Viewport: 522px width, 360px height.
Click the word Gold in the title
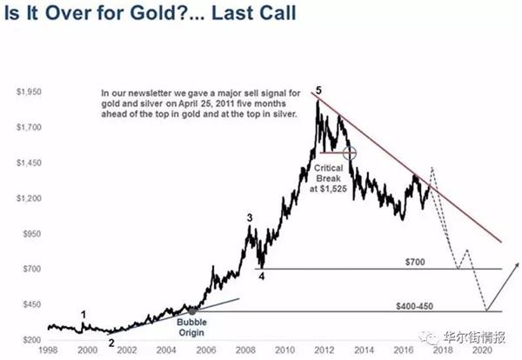click(156, 13)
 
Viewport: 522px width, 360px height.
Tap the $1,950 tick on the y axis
click(29, 91)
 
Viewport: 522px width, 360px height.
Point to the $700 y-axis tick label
click(32, 269)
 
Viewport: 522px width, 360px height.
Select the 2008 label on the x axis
click(245, 350)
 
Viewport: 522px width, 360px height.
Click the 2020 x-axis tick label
click(482, 350)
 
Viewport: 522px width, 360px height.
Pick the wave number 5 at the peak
click(319, 90)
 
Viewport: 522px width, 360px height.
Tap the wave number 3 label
click(250, 218)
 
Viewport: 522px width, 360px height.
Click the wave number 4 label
click(262, 277)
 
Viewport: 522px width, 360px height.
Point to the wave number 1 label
click(84, 315)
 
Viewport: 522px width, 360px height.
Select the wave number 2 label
click(111, 343)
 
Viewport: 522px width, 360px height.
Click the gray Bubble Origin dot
click(192, 311)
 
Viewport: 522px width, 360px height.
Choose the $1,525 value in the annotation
click(333, 189)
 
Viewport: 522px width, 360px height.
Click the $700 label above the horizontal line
click(415, 263)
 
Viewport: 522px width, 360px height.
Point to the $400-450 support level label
click(414, 306)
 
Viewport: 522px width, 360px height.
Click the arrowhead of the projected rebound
click(517, 264)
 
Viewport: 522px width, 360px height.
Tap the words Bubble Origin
click(191, 328)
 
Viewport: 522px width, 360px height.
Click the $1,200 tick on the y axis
click(29, 198)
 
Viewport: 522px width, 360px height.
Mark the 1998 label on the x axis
click(48, 350)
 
